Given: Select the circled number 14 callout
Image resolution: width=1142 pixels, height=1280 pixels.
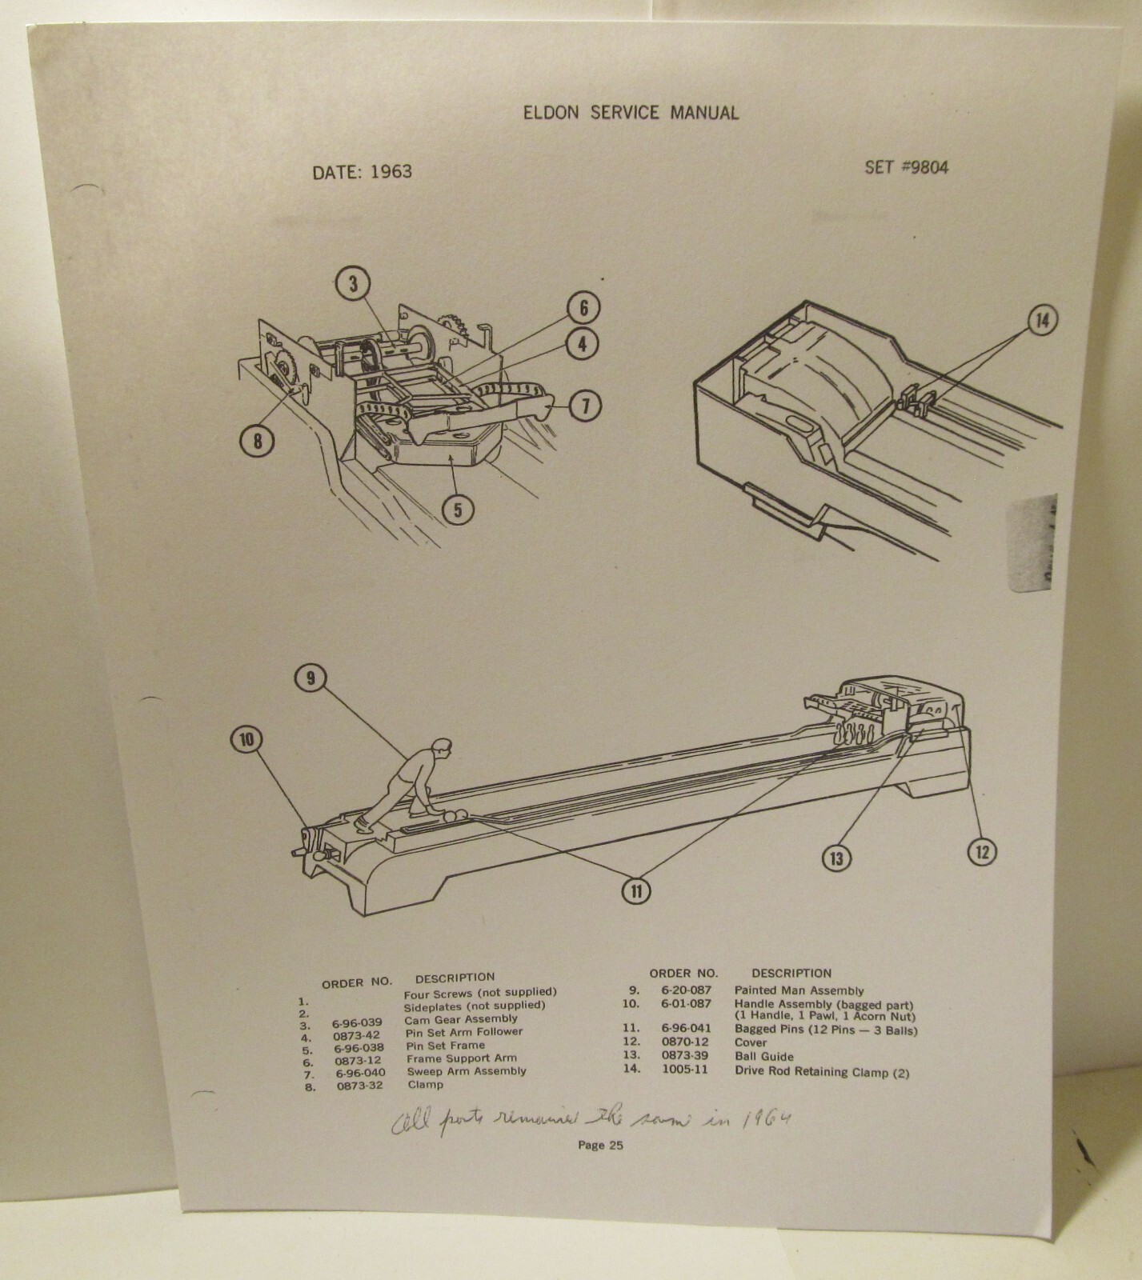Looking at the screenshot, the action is coord(1040,322).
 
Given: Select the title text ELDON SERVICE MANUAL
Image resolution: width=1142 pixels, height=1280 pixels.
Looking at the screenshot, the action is coord(630,113).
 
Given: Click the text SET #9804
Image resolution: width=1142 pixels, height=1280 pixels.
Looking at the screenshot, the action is coord(906,168).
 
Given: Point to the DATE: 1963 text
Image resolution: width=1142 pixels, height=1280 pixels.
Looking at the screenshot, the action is coord(363,171).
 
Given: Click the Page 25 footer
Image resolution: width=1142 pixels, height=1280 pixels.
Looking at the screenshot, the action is coord(600,1145).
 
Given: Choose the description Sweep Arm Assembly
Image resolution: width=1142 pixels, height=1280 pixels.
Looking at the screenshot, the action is coord(467,1071).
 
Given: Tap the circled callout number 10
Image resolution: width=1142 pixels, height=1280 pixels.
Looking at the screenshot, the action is coord(246,739).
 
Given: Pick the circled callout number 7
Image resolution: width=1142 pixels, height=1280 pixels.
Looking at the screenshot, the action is coord(585,406).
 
